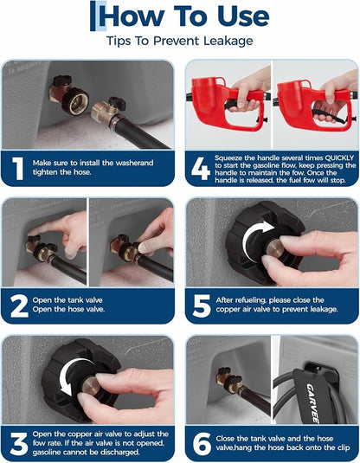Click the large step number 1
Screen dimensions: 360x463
coord(18,168)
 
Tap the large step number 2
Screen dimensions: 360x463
coord(19,306)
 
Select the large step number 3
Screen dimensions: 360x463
coord(19,444)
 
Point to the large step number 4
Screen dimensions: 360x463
coord(201,169)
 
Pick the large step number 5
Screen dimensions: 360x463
coord(202,306)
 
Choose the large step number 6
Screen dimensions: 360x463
coord(202,444)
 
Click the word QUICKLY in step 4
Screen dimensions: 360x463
coord(339,158)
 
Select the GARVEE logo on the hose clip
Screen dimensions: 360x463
coord(312,403)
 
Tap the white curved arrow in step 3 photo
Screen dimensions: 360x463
coord(74,376)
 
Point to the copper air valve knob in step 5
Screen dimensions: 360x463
coord(275,248)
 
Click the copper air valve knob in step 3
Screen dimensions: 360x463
coord(91,386)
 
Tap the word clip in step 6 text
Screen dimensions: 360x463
coord(343,447)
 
